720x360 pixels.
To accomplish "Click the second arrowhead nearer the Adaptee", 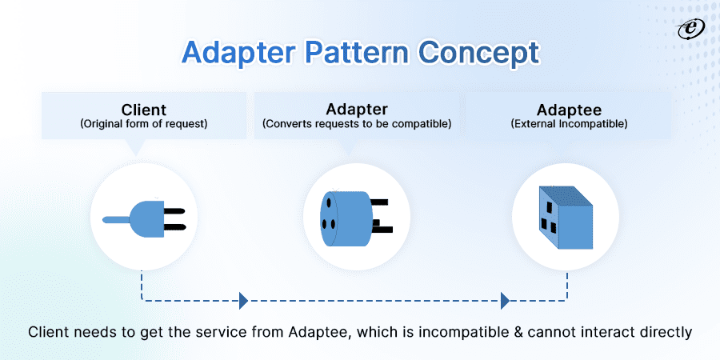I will pyautogui.click(x=505, y=302).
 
